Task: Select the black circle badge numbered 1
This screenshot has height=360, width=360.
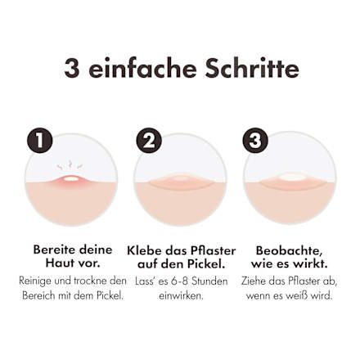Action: tap(39, 140)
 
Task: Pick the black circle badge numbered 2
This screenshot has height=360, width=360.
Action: tap(149, 141)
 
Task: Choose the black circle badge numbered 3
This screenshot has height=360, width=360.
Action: tap(255, 140)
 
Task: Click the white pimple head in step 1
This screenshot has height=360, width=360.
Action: tap(71, 178)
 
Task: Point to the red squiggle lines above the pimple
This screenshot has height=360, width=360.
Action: tap(70, 165)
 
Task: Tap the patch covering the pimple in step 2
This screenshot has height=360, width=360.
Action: tap(180, 181)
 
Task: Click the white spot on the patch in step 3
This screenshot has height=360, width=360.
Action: tap(291, 177)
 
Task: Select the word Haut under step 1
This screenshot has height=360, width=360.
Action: tap(59, 263)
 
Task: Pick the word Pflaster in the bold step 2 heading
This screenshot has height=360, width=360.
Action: tap(213, 251)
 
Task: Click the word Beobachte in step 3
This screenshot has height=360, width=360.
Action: tap(287, 250)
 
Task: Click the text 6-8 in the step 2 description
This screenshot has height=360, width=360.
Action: tap(179, 281)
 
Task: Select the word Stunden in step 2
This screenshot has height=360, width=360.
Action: tap(209, 281)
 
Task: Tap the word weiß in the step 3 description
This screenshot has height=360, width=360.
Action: tap(296, 295)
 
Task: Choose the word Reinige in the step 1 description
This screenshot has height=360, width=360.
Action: tap(35, 281)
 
